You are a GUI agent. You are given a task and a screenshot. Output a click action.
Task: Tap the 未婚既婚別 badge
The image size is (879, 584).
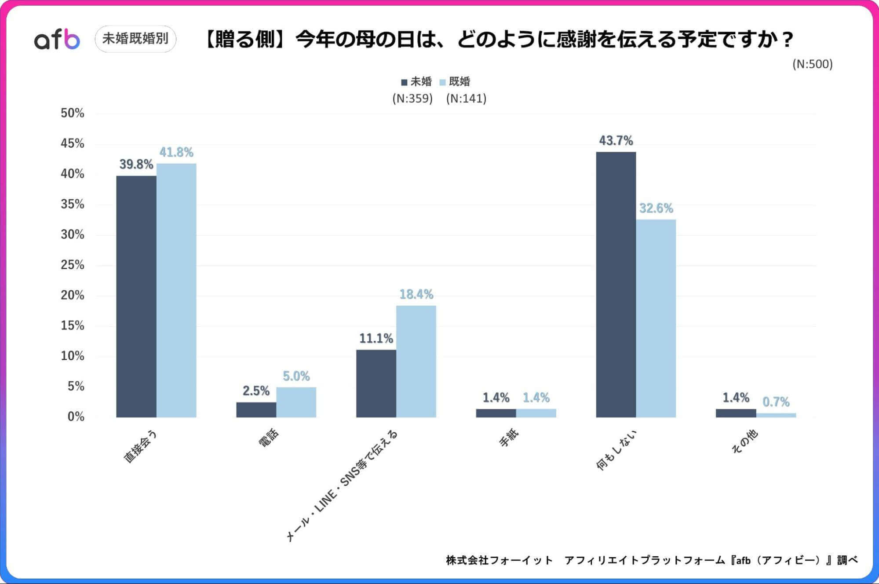pos(135,39)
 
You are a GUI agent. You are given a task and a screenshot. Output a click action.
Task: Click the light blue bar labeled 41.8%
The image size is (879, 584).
pos(176,290)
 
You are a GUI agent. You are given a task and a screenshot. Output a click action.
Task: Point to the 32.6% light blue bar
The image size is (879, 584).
pos(656,318)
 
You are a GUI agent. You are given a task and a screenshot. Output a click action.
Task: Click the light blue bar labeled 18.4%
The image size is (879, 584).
pos(416,361)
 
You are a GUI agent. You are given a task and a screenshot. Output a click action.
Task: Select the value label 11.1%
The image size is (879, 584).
pos(376,338)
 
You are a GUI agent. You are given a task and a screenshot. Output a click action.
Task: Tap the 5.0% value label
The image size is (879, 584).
pos(296,376)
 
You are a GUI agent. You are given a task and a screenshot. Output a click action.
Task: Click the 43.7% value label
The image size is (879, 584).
pos(616,141)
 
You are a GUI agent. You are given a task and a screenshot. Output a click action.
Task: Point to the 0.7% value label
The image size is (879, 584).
pos(776,401)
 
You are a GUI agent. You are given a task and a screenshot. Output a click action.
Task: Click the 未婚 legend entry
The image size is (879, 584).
pos(416,82)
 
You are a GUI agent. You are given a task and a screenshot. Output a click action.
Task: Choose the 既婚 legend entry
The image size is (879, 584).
pos(455,82)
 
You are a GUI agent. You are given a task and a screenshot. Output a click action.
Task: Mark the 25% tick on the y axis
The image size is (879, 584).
pos(73,265)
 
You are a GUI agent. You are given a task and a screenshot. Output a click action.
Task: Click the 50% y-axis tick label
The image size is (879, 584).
pos(73,113)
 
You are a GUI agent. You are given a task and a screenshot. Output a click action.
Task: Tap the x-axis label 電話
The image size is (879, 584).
pos(268,438)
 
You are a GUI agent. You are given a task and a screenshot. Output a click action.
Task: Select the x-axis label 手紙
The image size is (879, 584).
pos(509,438)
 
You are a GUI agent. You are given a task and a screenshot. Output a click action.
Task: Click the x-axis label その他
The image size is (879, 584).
pos(744,442)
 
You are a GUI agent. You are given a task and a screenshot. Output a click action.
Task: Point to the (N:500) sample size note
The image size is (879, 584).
pos(812,64)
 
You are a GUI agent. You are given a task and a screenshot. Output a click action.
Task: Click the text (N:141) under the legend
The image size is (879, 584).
pos(466,99)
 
